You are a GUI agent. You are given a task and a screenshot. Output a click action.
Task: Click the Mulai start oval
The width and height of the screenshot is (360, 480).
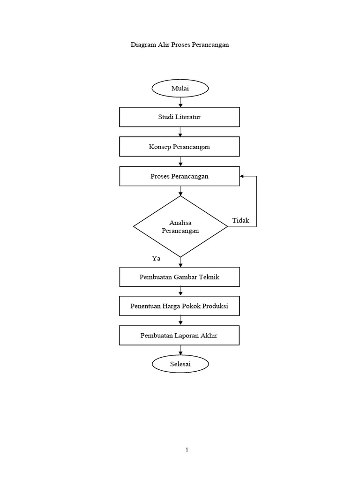[x=180, y=88]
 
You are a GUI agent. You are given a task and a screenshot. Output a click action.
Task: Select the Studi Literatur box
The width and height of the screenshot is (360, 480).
[x=180, y=117]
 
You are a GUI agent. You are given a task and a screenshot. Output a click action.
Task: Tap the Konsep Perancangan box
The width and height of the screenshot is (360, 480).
[x=180, y=147]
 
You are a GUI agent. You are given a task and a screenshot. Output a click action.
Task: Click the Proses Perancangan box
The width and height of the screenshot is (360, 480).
[x=180, y=176]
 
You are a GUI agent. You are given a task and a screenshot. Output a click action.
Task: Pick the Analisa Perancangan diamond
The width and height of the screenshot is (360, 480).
[x=180, y=227]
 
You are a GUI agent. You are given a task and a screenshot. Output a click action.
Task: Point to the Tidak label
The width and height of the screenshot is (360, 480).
[x=240, y=220]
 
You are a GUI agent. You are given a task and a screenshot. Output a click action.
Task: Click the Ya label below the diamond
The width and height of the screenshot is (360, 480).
[x=156, y=258]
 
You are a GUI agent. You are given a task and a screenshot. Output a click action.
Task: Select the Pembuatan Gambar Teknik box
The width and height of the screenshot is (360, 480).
[x=180, y=277]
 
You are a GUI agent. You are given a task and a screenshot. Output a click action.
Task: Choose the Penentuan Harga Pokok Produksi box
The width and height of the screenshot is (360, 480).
[x=180, y=307]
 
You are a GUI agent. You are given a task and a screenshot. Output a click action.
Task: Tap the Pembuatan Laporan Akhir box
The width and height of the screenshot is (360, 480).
[x=180, y=336]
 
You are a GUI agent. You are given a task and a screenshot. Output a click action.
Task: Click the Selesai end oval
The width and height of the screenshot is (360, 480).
[x=180, y=364]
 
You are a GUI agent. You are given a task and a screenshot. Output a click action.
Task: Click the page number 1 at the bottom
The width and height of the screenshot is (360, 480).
[x=187, y=450]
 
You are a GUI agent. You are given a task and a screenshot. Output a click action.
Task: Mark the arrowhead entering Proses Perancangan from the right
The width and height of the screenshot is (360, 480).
[x=242, y=176]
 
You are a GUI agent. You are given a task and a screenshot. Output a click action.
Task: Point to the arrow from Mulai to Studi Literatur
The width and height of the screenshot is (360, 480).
[x=180, y=102]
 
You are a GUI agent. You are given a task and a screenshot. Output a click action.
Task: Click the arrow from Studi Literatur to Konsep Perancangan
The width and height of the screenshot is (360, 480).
[x=180, y=132]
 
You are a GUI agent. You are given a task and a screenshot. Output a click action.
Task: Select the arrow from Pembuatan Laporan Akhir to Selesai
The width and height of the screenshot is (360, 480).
[x=180, y=350]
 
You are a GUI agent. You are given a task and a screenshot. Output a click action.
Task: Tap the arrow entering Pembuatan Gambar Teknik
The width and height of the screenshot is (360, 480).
[x=180, y=263]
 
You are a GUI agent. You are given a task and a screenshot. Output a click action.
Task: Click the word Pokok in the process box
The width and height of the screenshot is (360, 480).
[x=195, y=307]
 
